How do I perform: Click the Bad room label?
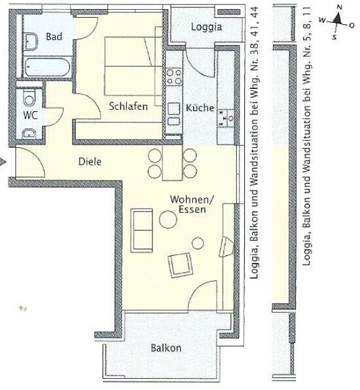pyautogui.click(x=54, y=37)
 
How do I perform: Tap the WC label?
pyautogui.click(x=30, y=115)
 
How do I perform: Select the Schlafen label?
pyautogui.click(x=128, y=107)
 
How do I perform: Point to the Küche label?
pyautogui.click(x=200, y=108)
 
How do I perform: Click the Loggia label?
pyautogui.click(x=206, y=27)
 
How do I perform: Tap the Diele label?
pyautogui.click(x=90, y=162)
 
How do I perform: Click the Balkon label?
pyautogui.click(x=166, y=347)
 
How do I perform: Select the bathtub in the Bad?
pyautogui.click(x=47, y=67)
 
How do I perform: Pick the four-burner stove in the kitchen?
pyautogui.click(x=174, y=77)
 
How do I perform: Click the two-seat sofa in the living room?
pyautogui.click(x=141, y=230)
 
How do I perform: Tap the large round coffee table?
pyautogui.click(x=168, y=219)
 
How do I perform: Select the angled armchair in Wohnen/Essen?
pyautogui.click(x=181, y=265)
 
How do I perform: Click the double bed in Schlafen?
pyautogui.click(x=134, y=66)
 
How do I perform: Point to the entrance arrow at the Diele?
pyautogui.click(x=3, y=162)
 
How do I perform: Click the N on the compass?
pyautogui.click(x=339, y=8)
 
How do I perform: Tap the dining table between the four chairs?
pyautogui.click(x=172, y=163)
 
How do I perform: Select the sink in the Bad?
pyautogui.click(x=31, y=41)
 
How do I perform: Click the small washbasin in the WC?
pyautogui.click(x=29, y=134)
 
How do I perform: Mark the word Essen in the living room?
pyautogui.click(x=192, y=209)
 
